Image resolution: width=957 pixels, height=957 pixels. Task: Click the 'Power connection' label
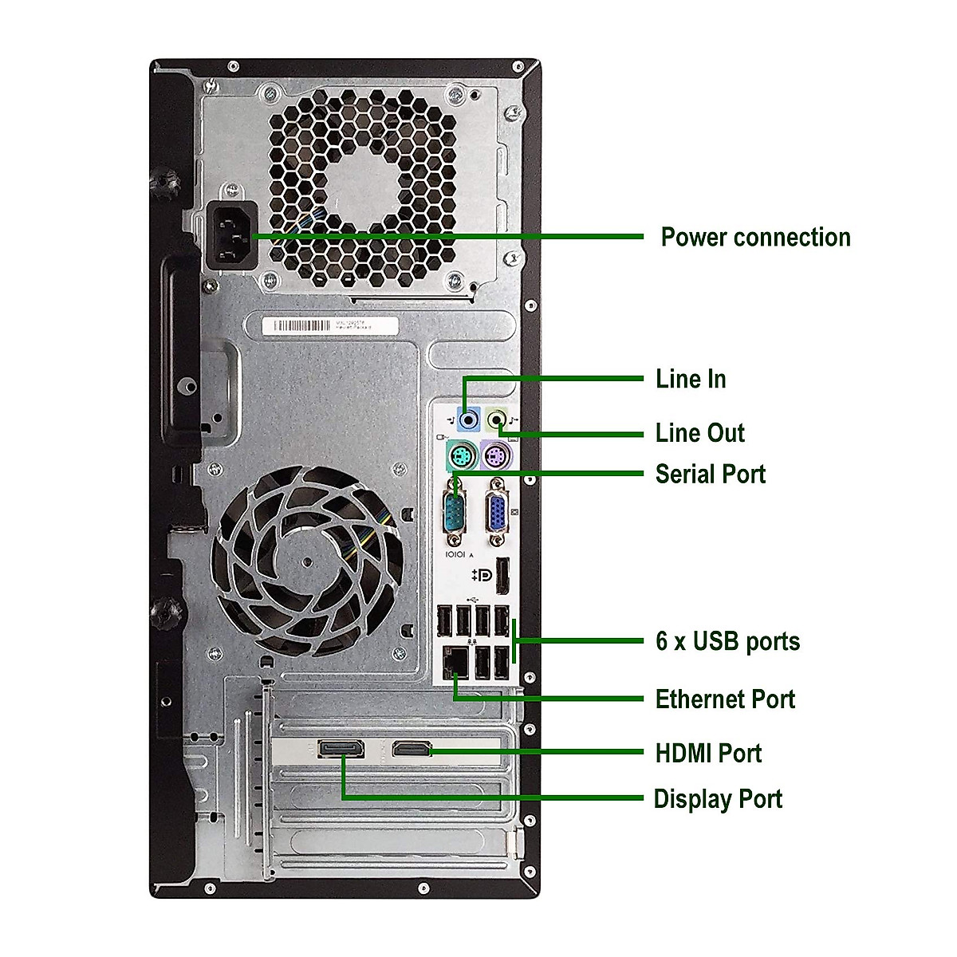coord(755,238)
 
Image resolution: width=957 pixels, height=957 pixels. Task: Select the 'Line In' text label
coord(691,379)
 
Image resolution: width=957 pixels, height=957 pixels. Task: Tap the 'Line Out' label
coord(699,433)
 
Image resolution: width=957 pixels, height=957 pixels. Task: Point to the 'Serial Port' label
coord(710,474)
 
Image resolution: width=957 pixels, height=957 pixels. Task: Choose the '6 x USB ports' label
coord(727,640)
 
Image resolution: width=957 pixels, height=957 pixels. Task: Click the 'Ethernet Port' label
coord(725,699)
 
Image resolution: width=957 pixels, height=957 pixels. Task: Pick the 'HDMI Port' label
coord(708,753)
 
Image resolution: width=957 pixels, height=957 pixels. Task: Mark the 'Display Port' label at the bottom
coord(718,799)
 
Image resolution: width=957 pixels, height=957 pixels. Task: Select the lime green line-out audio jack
coord(498,416)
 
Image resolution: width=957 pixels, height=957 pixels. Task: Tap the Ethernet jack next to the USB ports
coord(455,659)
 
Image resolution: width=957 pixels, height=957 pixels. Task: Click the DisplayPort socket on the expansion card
coord(342,749)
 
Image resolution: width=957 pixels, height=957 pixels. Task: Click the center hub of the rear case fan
coord(307,561)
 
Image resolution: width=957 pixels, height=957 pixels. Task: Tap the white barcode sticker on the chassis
coord(329,325)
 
